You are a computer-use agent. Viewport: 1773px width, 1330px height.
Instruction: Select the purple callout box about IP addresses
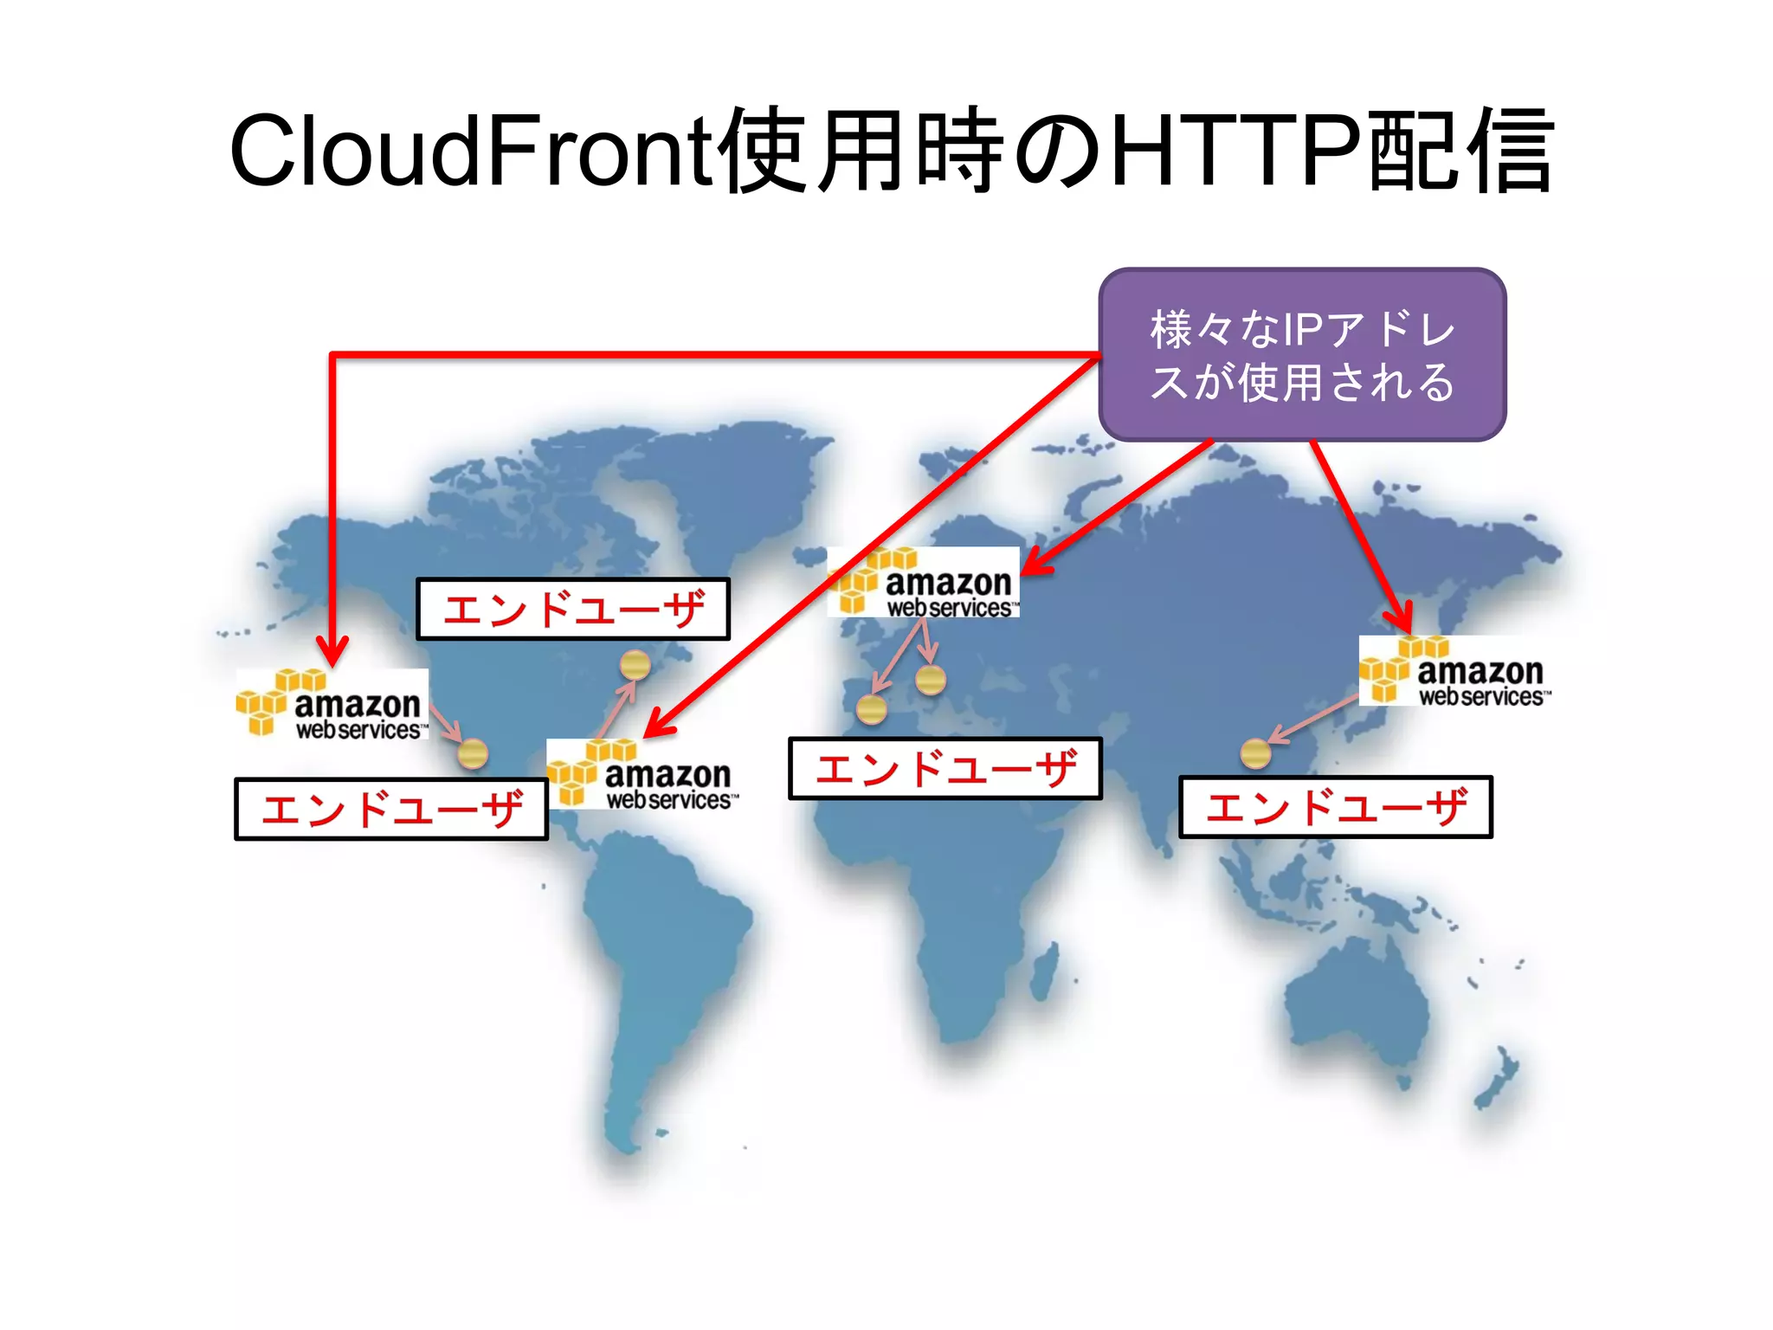coord(1302,354)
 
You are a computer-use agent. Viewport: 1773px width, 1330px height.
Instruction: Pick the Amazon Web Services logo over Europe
coord(924,583)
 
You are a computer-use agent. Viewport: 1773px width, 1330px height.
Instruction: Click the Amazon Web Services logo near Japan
coord(1454,671)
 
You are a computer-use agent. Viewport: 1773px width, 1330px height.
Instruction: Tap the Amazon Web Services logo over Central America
coord(642,774)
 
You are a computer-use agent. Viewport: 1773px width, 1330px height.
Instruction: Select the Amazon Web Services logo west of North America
coord(332,704)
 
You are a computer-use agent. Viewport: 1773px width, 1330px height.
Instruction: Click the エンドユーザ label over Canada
coord(572,609)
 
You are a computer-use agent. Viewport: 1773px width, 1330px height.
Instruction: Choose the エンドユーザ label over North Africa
coord(945,768)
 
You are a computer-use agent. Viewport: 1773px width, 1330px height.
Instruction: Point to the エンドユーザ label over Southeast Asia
coord(1335,807)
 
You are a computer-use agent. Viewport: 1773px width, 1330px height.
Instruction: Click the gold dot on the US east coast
coord(635,665)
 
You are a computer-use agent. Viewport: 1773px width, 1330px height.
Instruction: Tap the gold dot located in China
coord(1255,753)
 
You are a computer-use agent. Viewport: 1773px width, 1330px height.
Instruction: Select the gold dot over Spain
coord(871,709)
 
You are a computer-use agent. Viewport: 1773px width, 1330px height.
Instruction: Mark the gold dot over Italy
coord(931,680)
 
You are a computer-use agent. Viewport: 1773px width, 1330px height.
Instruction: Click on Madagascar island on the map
coord(1046,970)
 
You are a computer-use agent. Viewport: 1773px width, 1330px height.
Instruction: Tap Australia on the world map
coord(1359,1004)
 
